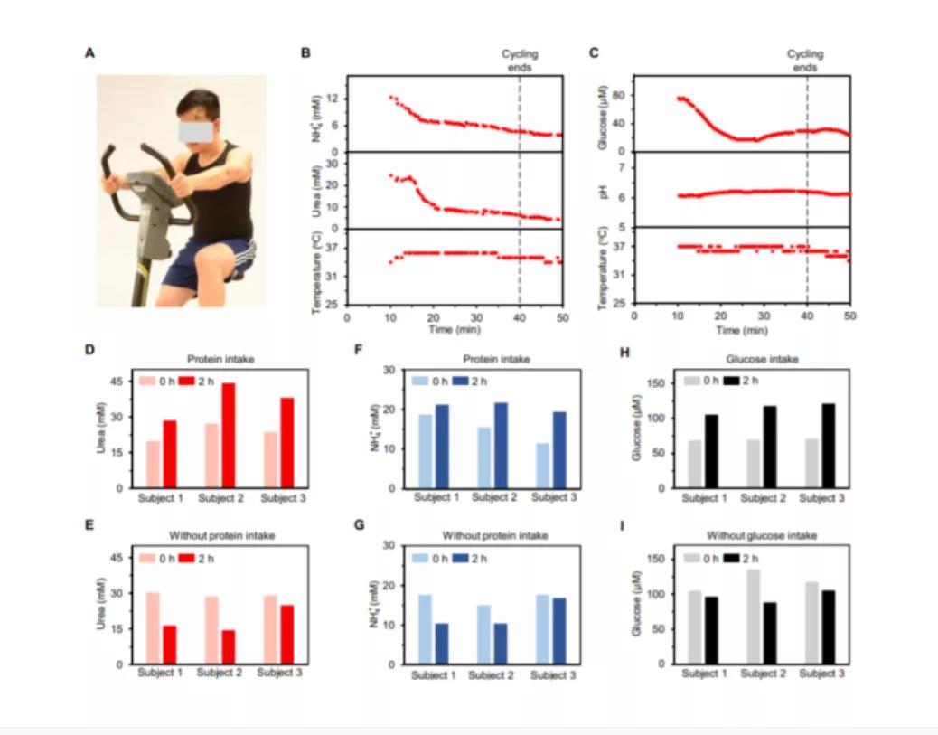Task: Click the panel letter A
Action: [x=89, y=53]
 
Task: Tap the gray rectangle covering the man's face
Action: [x=195, y=131]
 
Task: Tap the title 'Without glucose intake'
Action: [x=766, y=536]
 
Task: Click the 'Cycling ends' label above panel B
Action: [x=519, y=61]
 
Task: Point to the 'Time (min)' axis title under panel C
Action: [x=742, y=332]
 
